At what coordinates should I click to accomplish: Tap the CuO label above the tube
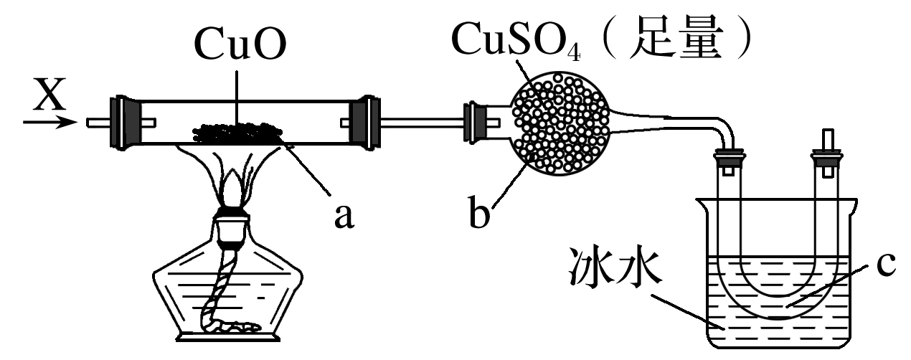(x=241, y=47)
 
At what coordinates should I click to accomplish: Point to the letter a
(x=344, y=213)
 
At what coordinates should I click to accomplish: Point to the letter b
(x=479, y=214)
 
